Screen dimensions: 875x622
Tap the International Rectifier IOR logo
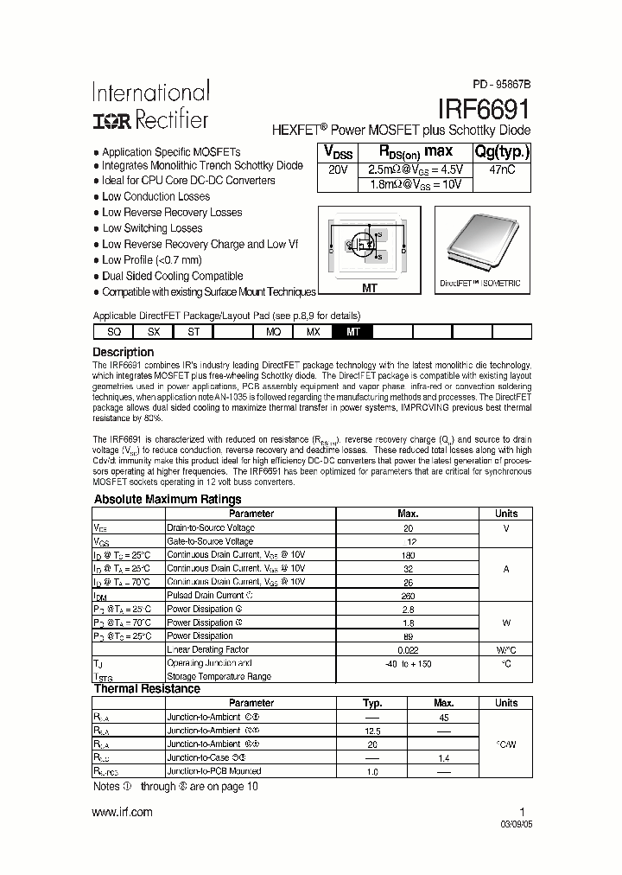coord(111,120)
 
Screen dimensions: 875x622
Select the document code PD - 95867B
coord(501,85)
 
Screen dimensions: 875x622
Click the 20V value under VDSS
coord(338,169)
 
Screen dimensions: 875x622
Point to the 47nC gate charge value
coord(501,169)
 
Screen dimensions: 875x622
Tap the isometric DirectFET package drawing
coord(478,243)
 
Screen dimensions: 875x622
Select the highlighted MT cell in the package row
coord(352,331)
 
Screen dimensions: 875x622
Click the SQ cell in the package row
coord(113,331)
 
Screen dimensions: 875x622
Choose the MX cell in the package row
coord(313,331)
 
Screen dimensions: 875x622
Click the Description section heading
coord(123,352)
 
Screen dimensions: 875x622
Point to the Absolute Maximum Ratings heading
coord(167,499)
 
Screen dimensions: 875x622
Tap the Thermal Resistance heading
coord(146,689)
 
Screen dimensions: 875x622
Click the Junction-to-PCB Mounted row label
coord(213,770)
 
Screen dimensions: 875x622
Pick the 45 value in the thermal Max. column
coord(443,717)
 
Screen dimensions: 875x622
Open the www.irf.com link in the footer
coord(122,811)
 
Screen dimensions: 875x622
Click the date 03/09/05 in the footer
coord(510,824)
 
